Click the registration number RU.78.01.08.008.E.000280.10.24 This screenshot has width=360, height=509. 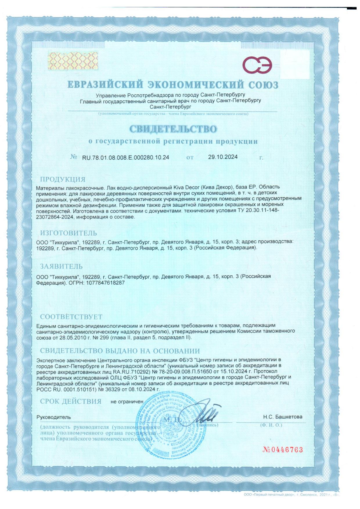pyautogui.click(x=126, y=158)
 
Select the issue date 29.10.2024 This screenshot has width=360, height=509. pyautogui.click(x=223, y=157)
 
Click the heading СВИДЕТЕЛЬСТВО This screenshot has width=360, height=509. pyautogui.click(x=173, y=129)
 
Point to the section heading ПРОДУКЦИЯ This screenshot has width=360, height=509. pyautogui.click(x=63, y=179)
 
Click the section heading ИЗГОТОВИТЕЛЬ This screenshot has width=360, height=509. pyautogui.click(x=69, y=233)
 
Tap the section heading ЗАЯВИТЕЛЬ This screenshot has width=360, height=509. pyautogui.click(x=61, y=266)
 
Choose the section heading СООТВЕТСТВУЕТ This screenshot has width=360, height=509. pyautogui.click(x=71, y=317)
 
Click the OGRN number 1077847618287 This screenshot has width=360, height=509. pyautogui.click(x=104, y=282)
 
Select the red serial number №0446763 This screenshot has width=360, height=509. pyautogui.click(x=282, y=450)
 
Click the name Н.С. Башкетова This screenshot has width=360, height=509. pyautogui.click(x=282, y=417)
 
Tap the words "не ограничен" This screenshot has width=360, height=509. pyautogui.click(x=127, y=402)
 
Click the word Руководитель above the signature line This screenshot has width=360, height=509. pyautogui.click(x=53, y=417)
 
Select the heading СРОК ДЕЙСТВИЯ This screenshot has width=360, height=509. pyautogui.click(x=71, y=402)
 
